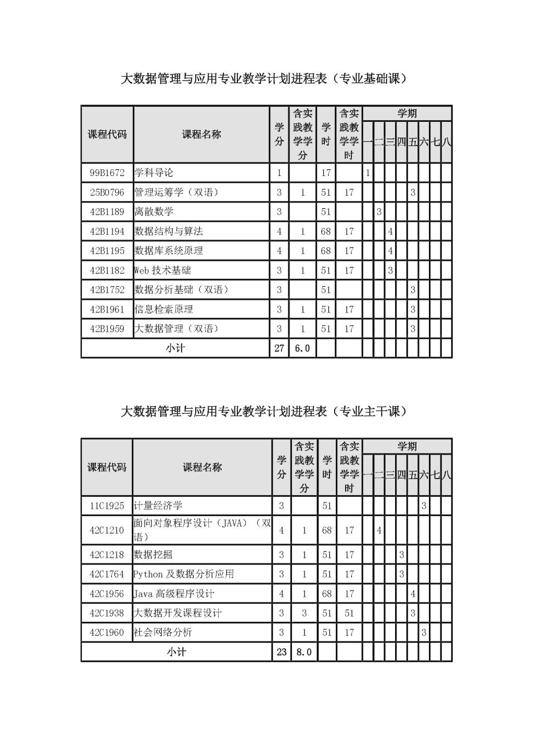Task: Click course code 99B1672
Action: [x=107, y=173]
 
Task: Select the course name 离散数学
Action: [x=154, y=212]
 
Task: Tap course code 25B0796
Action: [x=107, y=193]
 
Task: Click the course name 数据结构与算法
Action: [x=169, y=231]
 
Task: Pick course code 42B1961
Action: [x=107, y=309]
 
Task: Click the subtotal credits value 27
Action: [x=279, y=348]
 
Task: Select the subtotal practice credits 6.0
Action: [x=302, y=348]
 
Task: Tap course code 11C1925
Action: [x=107, y=506]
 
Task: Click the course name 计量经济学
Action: [x=158, y=506]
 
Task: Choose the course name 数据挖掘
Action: [x=151, y=555]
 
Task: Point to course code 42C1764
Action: [x=107, y=574]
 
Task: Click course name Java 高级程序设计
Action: [x=174, y=594]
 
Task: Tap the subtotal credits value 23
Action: [x=282, y=652]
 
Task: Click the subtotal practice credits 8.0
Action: [x=304, y=652]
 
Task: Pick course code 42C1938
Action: [x=107, y=613]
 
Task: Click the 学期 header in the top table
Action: [x=407, y=114]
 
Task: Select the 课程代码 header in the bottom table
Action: [x=107, y=467]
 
